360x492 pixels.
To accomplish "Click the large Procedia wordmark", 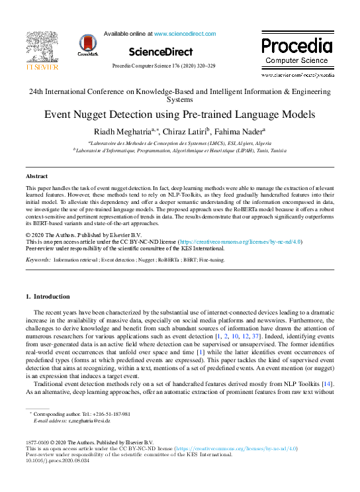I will pos(296,46).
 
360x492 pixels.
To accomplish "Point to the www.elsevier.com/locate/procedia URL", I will pos(296,75).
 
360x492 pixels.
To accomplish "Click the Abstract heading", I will pos(36,176).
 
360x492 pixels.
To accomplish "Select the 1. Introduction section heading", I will pos(47,296).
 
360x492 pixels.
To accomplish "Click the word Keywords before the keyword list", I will pos(38,260).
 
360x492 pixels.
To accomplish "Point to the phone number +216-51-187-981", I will pos(103,413).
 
